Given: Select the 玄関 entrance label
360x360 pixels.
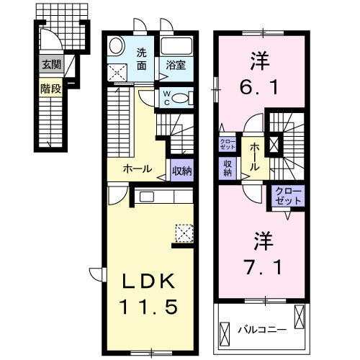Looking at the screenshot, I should pos(51,65).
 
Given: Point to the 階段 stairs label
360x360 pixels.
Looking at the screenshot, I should pos(50,91).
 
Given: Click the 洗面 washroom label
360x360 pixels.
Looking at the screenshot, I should pos(142,58).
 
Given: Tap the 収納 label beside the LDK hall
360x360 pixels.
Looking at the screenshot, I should pos(181,171).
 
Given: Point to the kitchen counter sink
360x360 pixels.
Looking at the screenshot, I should pos(147,196).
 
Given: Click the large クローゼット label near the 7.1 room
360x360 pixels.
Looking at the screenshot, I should pos(288,196).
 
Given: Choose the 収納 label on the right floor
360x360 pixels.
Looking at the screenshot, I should pos(228,168).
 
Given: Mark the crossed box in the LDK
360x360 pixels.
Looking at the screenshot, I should pos(184,232).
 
